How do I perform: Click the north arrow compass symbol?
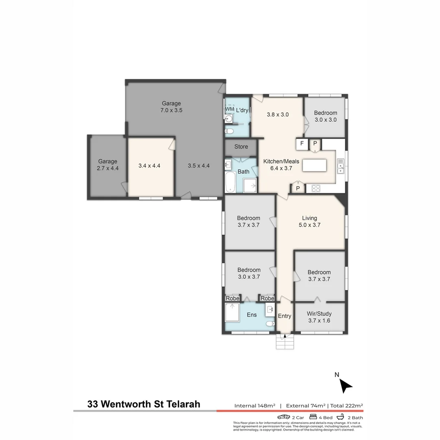tap(345, 385)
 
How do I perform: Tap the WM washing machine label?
tap(229, 109)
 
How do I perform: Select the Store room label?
tap(241, 147)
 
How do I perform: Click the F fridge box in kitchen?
tap(302, 143)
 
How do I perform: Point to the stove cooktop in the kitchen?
tap(316, 188)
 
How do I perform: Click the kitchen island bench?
tap(314, 165)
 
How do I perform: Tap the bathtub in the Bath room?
tap(230, 182)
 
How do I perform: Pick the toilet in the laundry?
tap(229, 131)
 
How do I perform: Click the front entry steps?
tap(285, 341)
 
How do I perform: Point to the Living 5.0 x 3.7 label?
tap(310, 221)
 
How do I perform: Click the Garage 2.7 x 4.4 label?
tap(108, 165)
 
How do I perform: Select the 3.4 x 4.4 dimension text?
tap(149, 166)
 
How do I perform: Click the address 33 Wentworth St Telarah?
tap(144, 404)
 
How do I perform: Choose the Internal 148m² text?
tap(255, 405)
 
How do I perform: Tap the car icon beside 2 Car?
tap(284, 417)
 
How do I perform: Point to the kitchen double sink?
tap(341, 166)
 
